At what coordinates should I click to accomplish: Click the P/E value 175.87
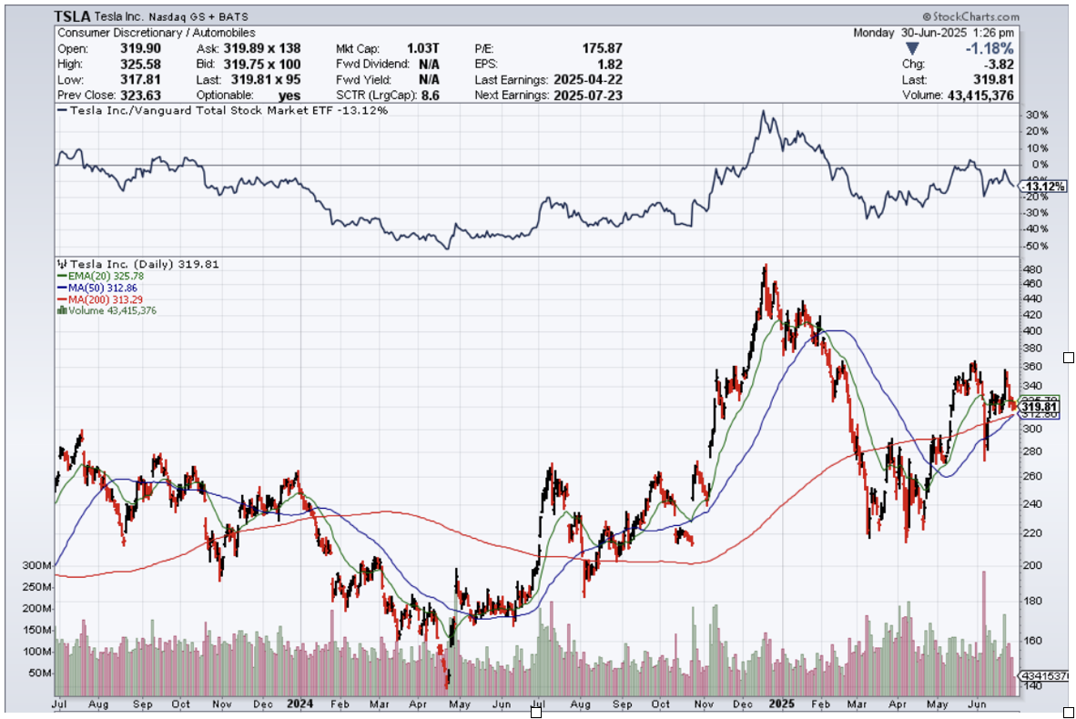click(x=603, y=48)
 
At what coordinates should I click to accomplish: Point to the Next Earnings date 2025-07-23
click(x=587, y=95)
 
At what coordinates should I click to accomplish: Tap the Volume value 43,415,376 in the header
click(x=977, y=95)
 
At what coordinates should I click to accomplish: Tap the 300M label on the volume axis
click(x=36, y=565)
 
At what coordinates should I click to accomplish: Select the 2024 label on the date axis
click(x=299, y=704)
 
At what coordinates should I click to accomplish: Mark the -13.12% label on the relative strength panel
click(x=1042, y=187)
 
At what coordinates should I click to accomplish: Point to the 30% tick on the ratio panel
click(x=1037, y=116)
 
